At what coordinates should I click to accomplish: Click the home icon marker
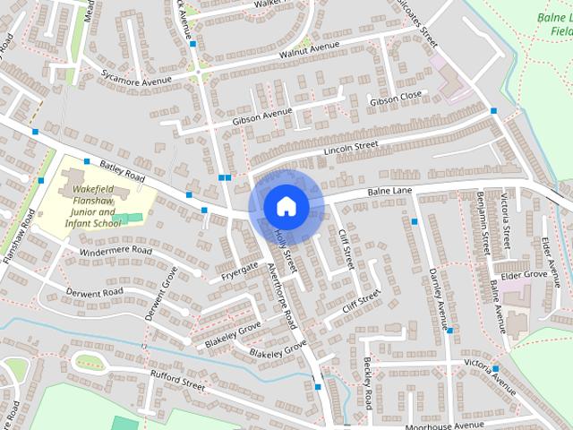click(286, 206)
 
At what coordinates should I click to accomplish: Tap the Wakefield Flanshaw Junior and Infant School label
click(93, 207)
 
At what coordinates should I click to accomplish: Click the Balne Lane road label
click(389, 192)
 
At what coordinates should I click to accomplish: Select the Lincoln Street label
click(352, 146)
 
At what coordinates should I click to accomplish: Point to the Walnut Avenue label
click(310, 47)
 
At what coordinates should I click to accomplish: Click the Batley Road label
click(123, 168)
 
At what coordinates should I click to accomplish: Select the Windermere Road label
click(116, 252)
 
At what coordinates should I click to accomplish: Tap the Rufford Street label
click(178, 382)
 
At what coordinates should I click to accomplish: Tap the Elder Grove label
click(523, 274)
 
